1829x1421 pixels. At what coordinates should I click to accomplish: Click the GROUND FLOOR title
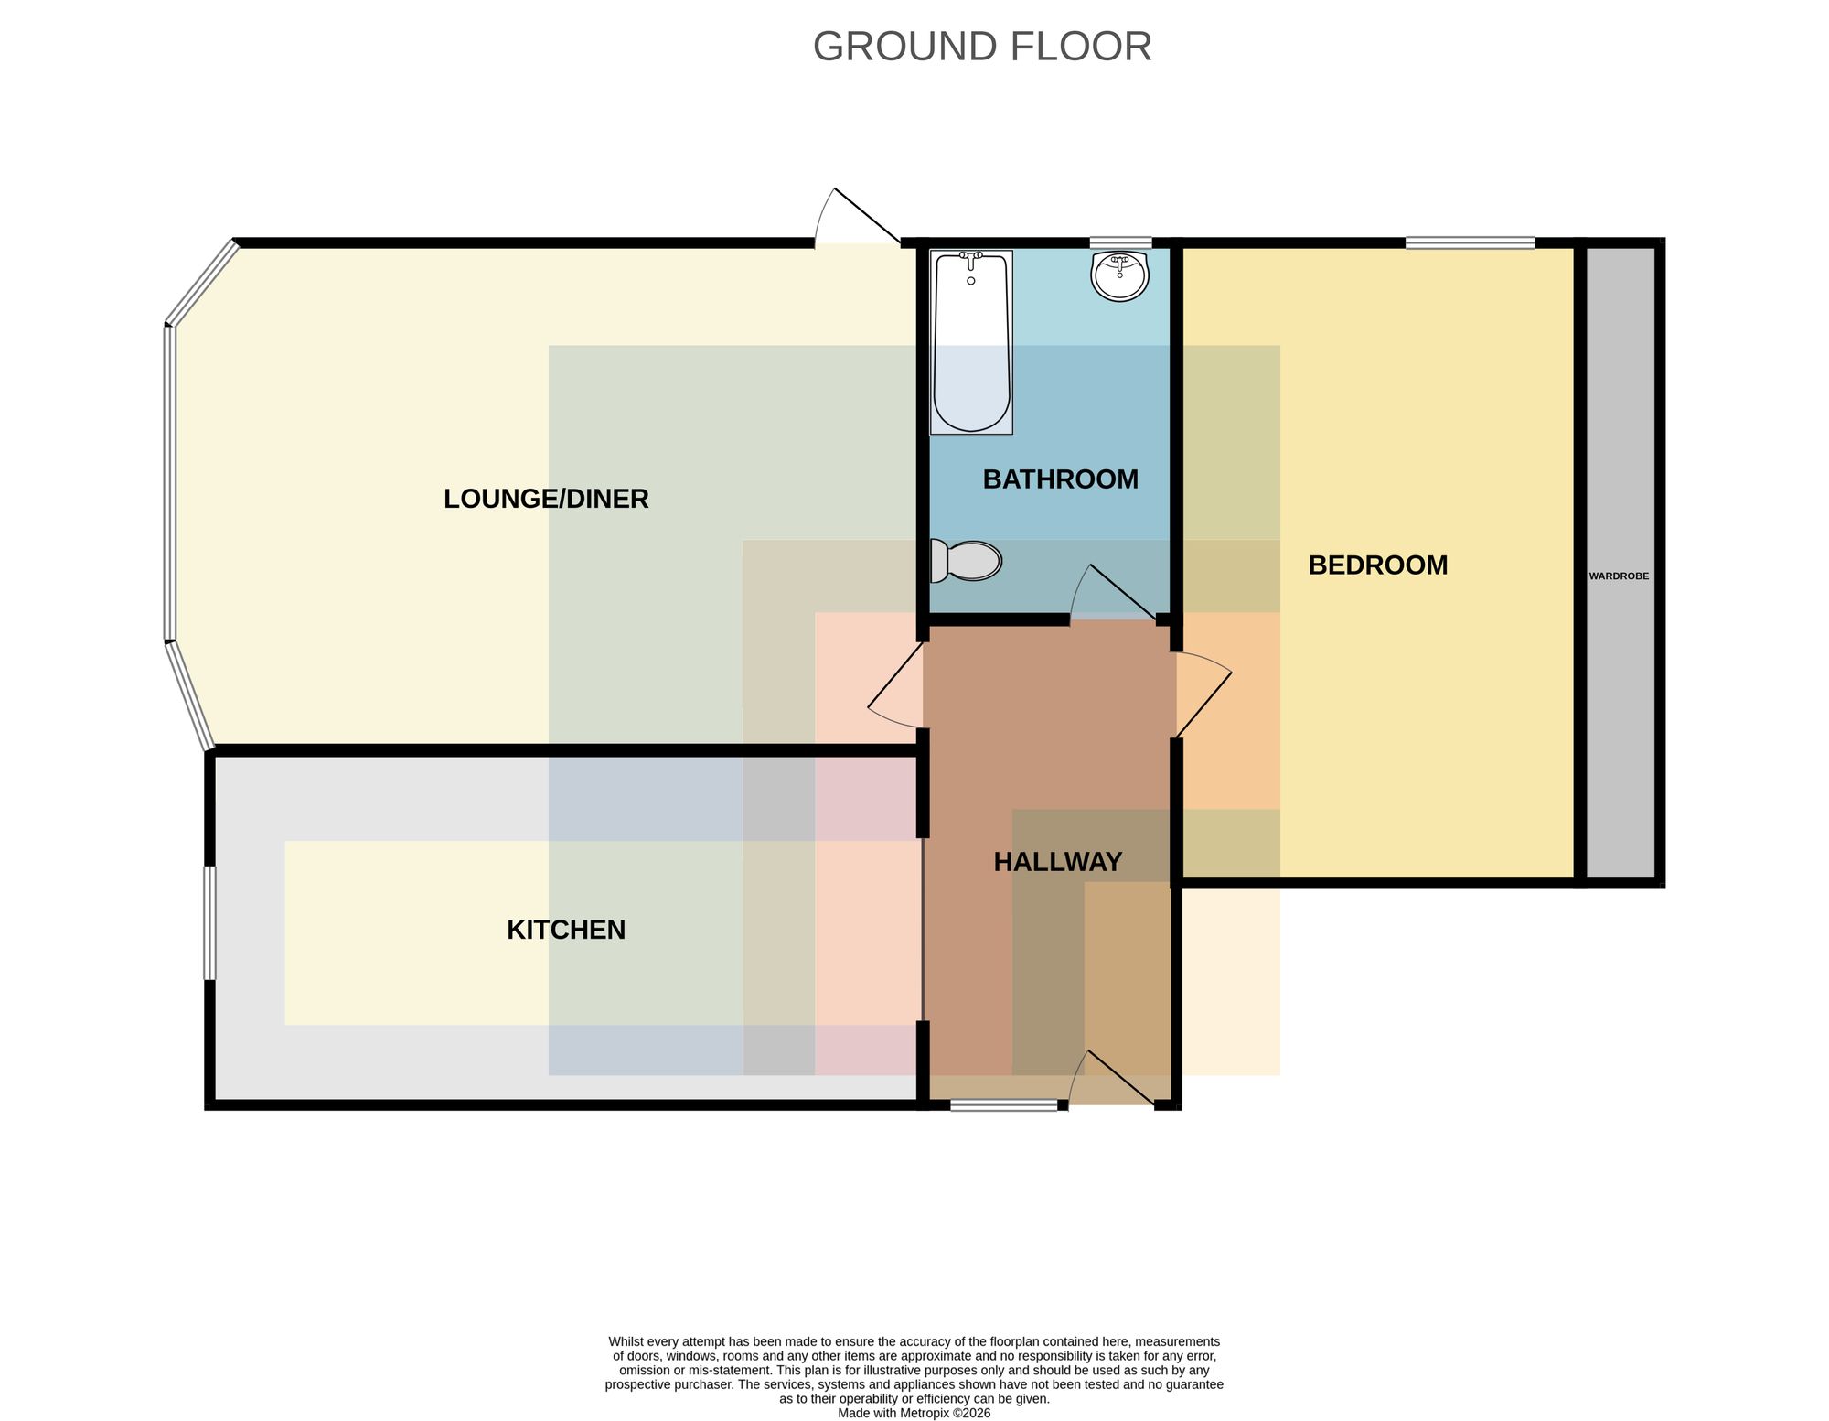tap(982, 47)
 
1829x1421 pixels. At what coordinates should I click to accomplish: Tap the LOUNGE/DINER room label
tap(546, 499)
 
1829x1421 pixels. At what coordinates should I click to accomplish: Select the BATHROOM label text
tap(1061, 479)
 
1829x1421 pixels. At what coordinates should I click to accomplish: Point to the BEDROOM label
tap(1378, 565)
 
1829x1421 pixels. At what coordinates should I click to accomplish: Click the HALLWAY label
tap(1058, 862)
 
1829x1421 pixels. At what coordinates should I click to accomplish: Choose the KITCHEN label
tap(566, 930)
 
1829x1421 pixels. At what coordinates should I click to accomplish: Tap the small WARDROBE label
tap(1619, 576)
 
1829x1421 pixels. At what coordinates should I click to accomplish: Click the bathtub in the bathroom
tap(971, 342)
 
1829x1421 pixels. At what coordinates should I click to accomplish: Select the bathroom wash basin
tap(1120, 276)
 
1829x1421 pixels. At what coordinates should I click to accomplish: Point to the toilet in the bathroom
tap(966, 561)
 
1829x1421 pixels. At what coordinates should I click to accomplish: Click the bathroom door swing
tap(1113, 595)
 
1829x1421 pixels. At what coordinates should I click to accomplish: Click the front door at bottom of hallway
tap(1113, 1079)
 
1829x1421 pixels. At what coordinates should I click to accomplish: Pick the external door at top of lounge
tap(858, 218)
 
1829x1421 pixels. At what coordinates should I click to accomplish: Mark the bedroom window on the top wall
tap(1470, 242)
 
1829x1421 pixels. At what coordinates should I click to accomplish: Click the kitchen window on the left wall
tap(210, 923)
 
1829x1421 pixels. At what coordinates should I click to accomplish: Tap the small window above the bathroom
tap(1120, 242)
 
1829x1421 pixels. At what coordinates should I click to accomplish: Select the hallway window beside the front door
tap(1004, 1105)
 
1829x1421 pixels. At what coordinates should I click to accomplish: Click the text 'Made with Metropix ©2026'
tap(914, 1413)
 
